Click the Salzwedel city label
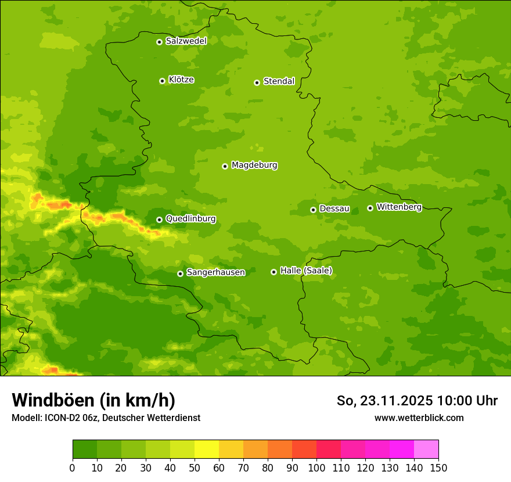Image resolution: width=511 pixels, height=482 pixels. pos(186,41)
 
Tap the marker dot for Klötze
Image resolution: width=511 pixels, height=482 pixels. pos(162,81)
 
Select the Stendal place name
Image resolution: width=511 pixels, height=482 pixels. pos(279,81)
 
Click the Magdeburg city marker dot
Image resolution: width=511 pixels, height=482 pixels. pos(225,166)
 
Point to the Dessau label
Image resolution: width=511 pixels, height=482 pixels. pos(334,208)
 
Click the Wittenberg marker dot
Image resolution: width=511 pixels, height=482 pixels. pos(370,208)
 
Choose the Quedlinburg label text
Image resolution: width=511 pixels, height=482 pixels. pos(190,219)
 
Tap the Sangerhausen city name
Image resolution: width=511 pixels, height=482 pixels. pos(215,272)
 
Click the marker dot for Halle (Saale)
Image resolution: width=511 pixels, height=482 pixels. pos(274,272)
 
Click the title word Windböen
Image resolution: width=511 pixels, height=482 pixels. pos(53,400)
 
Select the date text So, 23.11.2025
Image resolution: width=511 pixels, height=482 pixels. pos(385,401)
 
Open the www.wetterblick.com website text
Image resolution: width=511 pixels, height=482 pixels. pos(419,418)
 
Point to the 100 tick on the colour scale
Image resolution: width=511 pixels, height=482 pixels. pos(316,467)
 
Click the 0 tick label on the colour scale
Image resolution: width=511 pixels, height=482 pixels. pos(73,467)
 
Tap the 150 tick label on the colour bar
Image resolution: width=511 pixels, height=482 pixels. pos(438,467)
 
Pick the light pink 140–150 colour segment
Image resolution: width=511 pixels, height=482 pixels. pos(426,449)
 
